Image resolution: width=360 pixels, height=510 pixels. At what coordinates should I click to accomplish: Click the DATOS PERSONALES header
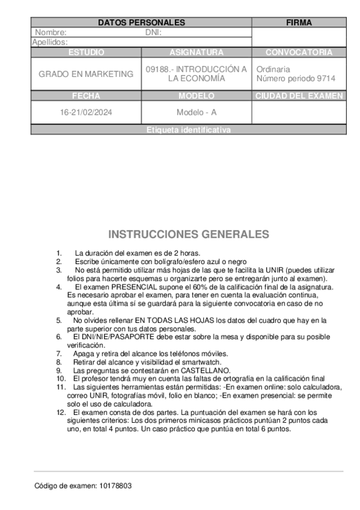point(141,23)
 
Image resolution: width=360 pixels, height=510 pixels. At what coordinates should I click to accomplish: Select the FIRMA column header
point(299,23)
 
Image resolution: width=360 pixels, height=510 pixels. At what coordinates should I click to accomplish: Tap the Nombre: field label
point(51,32)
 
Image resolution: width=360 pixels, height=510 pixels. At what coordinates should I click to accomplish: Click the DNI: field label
point(154,32)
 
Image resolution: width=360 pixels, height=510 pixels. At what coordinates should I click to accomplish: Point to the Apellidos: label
point(50,42)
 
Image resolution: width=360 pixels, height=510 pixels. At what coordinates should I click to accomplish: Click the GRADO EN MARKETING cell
point(86,74)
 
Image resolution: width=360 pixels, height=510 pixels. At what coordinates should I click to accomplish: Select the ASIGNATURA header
point(197,52)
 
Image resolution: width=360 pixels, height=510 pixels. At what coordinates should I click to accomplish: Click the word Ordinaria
point(273,69)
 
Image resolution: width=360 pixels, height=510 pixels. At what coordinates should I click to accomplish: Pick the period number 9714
point(326,78)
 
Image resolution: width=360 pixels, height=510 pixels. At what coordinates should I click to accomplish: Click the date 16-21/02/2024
point(86,112)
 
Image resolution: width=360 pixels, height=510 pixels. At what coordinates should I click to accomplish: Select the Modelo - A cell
point(197,112)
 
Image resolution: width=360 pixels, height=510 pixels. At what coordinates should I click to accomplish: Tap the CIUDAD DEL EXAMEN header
point(299,96)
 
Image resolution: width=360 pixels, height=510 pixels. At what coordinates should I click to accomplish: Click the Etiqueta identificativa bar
point(188,130)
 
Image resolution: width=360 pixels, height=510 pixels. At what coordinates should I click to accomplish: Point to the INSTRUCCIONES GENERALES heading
point(188,234)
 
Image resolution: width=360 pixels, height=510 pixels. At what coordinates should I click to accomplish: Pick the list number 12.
point(60,413)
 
